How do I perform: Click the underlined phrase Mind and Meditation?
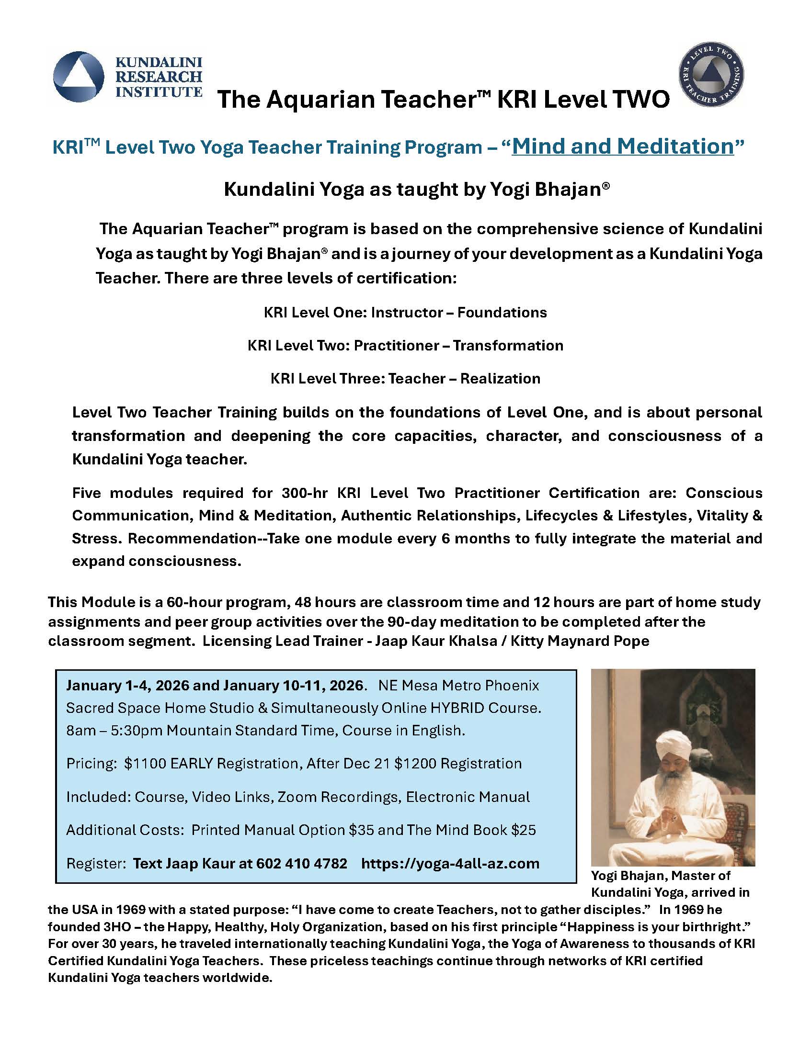pos(623,147)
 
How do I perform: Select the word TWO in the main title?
pos(640,100)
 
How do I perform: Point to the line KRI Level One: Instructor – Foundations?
pos(405,313)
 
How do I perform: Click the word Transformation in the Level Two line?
pos(508,345)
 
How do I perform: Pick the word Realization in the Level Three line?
pos(500,378)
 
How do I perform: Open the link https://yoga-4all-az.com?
pos(450,863)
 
